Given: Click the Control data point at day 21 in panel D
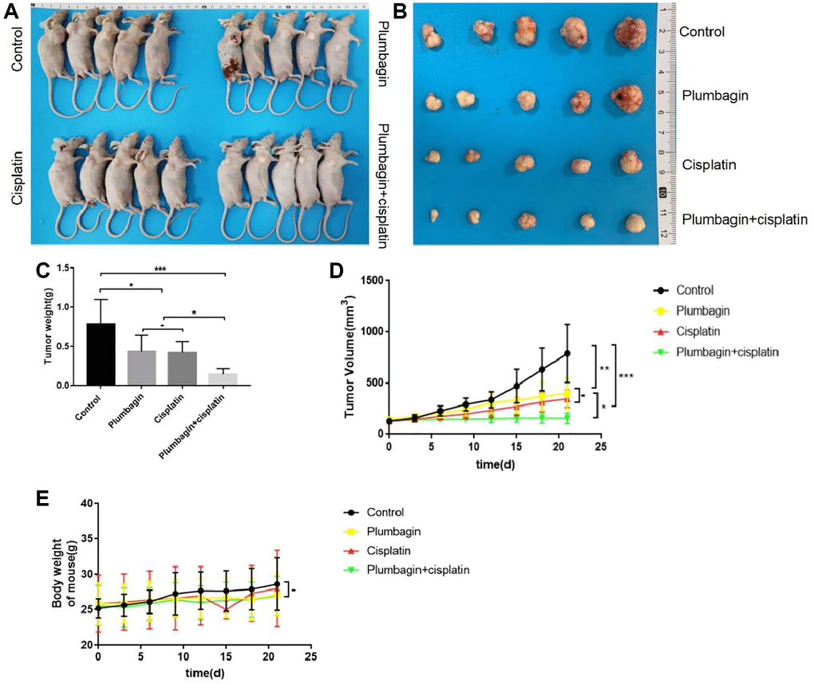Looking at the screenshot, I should click(568, 353).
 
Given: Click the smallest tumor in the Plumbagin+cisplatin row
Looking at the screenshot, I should click(436, 215).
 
